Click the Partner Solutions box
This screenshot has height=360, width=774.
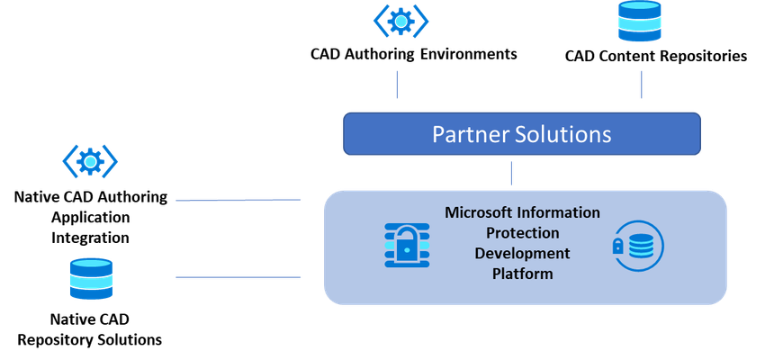pos(522,134)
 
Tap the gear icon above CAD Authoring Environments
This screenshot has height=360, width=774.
pos(400,21)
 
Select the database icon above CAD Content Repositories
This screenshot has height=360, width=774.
pos(639,21)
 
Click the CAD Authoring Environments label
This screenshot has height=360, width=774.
pos(414,54)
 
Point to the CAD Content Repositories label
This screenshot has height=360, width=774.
pos(655,57)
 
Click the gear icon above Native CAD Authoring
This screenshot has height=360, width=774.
pos(90,160)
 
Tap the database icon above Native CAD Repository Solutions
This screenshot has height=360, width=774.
pos(91,278)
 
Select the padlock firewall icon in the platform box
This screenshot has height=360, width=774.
pos(407,246)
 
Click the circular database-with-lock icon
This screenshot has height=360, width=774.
pos(638,246)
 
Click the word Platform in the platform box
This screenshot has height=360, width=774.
pos(522,274)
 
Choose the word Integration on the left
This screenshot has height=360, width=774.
pos(90,238)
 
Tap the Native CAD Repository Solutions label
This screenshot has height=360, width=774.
pos(90,329)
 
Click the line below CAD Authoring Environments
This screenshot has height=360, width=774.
pos(398,85)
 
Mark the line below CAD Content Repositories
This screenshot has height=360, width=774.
pos(641,85)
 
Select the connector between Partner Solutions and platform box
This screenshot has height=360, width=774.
pos(511,173)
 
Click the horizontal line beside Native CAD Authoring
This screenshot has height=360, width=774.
pos(238,200)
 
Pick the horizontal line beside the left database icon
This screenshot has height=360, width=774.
pos(238,277)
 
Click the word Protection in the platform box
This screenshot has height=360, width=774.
pos(523,232)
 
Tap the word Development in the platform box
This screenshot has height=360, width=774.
pos(522,253)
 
